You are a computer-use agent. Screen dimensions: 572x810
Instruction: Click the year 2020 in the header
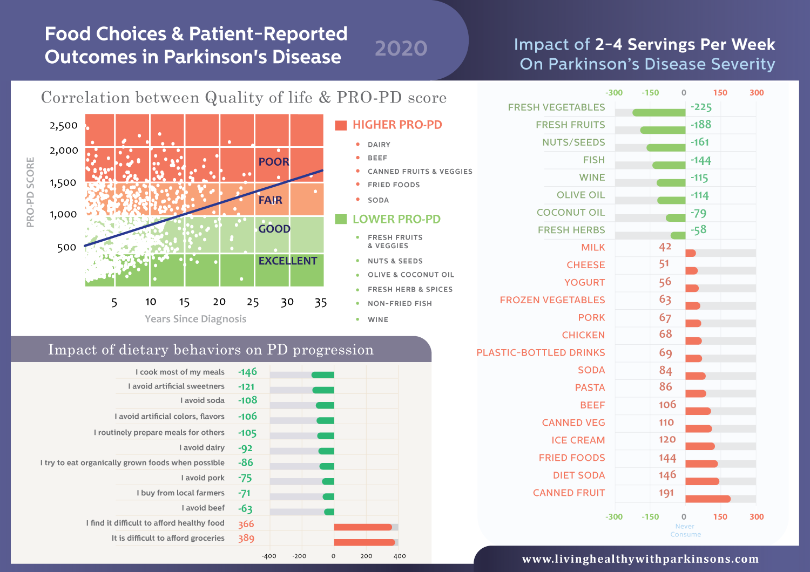[401, 49]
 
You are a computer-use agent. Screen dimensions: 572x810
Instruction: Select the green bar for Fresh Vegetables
[659, 113]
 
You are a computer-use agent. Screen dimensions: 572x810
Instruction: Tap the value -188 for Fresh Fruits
[701, 125]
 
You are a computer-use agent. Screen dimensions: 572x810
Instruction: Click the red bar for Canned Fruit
[708, 499]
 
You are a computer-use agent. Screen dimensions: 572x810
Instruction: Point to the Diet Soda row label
[579, 475]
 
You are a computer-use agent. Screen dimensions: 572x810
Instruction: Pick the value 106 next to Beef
[667, 405]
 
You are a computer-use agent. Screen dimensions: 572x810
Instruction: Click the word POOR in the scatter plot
[274, 162]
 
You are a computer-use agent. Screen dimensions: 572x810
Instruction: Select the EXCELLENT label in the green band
[288, 261]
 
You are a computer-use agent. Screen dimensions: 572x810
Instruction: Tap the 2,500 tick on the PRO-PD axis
[64, 126]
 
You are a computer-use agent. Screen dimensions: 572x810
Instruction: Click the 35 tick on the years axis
[321, 303]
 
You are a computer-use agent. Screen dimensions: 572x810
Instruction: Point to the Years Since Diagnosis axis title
[195, 319]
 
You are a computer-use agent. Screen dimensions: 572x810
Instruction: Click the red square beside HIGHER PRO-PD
[341, 126]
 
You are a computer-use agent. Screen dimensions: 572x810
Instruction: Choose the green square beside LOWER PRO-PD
[341, 219]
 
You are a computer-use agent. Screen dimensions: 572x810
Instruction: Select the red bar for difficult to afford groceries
[364, 542]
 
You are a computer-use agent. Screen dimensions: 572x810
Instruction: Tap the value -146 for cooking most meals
[248, 372]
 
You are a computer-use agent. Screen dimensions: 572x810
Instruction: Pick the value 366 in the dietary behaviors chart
[246, 524]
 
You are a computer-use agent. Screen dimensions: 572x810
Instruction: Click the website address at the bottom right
[640, 559]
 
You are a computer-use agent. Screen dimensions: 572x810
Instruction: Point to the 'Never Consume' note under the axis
[685, 530]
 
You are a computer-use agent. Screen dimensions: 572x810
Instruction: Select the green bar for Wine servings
[671, 183]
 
